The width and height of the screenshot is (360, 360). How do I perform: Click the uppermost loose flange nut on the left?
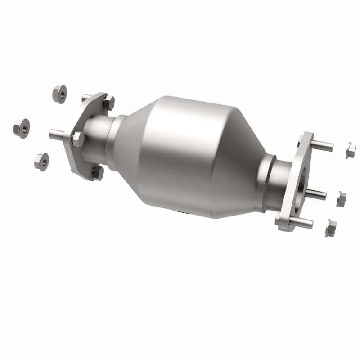point(59,94)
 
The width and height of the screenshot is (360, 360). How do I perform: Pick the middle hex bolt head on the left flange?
point(77,139)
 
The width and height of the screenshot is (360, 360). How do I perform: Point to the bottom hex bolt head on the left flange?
point(98,172)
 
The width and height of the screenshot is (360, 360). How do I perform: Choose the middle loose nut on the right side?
point(341,198)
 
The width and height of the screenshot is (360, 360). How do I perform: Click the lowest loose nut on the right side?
point(331,228)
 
